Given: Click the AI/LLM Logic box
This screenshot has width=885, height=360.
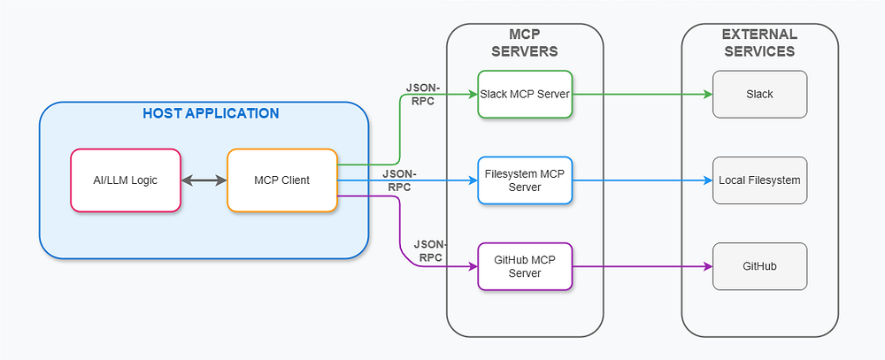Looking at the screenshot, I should (x=126, y=180).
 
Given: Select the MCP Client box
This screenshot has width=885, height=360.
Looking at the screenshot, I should (x=282, y=180).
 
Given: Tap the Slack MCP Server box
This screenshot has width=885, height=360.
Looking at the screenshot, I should (x=526, y=94).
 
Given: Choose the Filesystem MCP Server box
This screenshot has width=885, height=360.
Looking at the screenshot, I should (x=526, y=180).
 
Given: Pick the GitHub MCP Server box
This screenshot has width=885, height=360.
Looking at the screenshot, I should (x=526, y=266).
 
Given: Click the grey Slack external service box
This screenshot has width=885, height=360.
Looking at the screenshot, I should (x=759, y=94).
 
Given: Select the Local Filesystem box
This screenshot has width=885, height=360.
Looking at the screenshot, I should (x=759, y=180).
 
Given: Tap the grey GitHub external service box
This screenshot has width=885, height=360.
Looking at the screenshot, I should (x=759, y=266).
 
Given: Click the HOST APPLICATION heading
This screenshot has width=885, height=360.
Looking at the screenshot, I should (x=211, y=114).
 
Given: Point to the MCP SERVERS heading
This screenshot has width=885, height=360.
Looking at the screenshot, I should (x=525, y=42).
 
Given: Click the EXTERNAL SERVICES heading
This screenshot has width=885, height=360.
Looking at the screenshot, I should (x=759, y=42).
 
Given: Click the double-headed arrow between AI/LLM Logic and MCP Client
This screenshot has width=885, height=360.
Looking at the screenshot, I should (x=204, y=180).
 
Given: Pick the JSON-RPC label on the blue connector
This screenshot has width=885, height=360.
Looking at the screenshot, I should (x=399, y=180).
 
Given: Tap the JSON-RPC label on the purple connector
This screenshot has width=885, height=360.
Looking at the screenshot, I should (x=429, y=250).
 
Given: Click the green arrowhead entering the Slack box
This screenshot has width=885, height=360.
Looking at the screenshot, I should (x=708, y=94).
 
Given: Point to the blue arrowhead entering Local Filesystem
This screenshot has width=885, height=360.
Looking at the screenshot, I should (x=708, y=180).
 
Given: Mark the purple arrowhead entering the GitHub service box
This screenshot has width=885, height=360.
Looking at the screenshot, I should (x=708, y=266).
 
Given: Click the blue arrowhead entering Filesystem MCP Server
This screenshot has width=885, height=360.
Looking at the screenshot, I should (x=473, y=180).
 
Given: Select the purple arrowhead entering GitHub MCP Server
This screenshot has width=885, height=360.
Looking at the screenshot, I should (x=473, y=266).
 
